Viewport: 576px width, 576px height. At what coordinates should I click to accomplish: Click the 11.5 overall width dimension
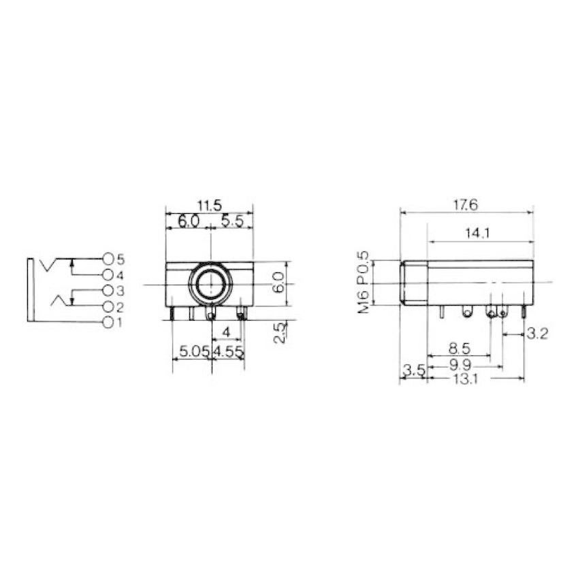tap(210, 204)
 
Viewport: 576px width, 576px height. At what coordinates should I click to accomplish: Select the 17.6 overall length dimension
tap(466, 204)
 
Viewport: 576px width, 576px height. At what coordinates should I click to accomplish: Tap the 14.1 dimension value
tap(478, 234)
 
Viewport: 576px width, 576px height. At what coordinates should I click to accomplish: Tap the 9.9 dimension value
tap(463, 366)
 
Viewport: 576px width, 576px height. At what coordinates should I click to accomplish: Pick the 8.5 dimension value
tap(460, 348)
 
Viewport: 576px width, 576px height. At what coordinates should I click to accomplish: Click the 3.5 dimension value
tap(414, 370)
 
